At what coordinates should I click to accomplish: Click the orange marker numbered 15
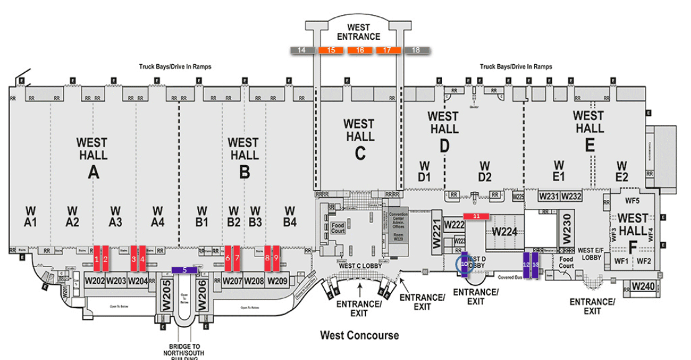[331, 50]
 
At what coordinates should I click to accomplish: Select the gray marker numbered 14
[302, 50]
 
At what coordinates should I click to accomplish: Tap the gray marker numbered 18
[416, 50]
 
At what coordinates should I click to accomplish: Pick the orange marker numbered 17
[388, 50]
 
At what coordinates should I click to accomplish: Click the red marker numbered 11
[476, 216]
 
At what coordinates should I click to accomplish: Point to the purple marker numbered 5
[184, 270]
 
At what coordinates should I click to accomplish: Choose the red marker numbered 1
[97, 258]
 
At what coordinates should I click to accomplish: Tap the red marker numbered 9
[275, 258]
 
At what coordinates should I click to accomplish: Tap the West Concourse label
[359, 336]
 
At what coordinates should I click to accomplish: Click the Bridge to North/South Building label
[184, 350]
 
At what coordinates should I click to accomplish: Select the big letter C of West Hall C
[360, 153]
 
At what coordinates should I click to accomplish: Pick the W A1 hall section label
[31, 214]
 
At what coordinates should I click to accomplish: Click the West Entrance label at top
[359, 32]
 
